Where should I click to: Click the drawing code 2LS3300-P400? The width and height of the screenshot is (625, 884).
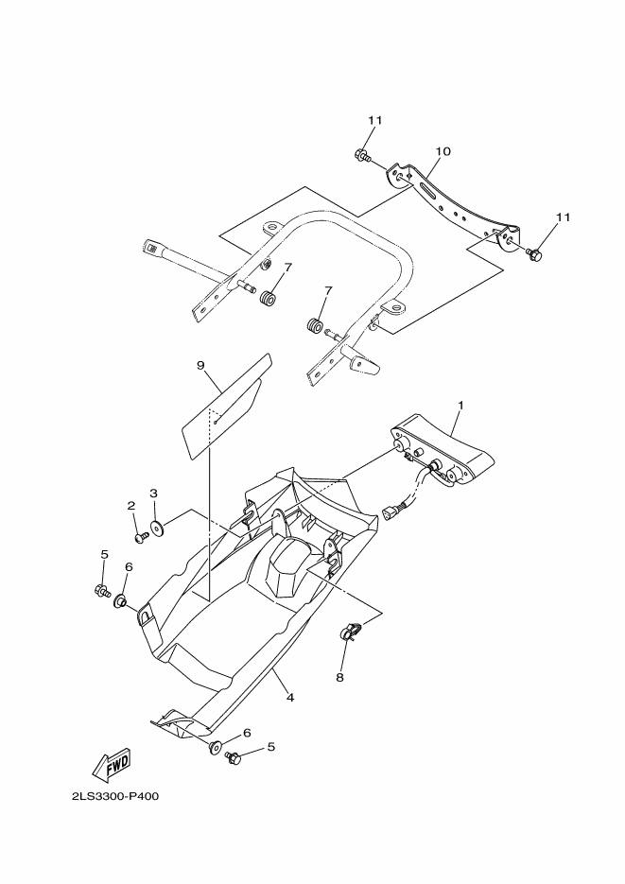114,796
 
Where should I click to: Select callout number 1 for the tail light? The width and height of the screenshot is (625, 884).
460,406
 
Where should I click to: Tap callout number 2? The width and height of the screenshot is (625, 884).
132,506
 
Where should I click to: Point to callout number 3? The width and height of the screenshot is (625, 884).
153,494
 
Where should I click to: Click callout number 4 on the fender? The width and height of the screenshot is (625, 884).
290,698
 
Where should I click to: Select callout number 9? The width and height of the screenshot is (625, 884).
200,365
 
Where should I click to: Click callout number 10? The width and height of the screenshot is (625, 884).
443,151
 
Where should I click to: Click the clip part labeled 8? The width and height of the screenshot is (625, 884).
350,632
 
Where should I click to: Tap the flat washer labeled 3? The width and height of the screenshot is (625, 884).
155,525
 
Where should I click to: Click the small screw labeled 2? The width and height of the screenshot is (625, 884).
140,536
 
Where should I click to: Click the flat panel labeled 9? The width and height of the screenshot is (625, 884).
227,407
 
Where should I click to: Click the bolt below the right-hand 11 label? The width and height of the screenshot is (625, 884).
533,253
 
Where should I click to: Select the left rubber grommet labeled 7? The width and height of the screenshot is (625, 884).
268,300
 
